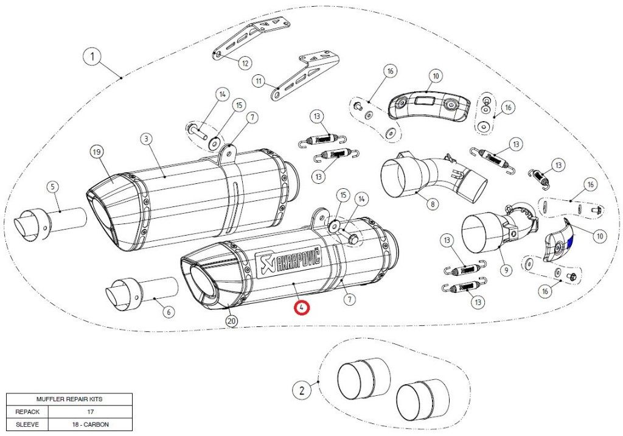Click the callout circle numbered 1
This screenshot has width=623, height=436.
(92, 58)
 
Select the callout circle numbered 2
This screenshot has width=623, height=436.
(302, 387)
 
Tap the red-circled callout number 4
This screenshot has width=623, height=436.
(302, 308)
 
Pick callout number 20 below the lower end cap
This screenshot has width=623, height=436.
(231, 321)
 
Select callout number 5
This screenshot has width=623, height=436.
(53, 187)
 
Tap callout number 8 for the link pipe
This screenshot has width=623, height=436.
(433, 205)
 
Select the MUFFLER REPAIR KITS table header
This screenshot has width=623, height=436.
(69, 399)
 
